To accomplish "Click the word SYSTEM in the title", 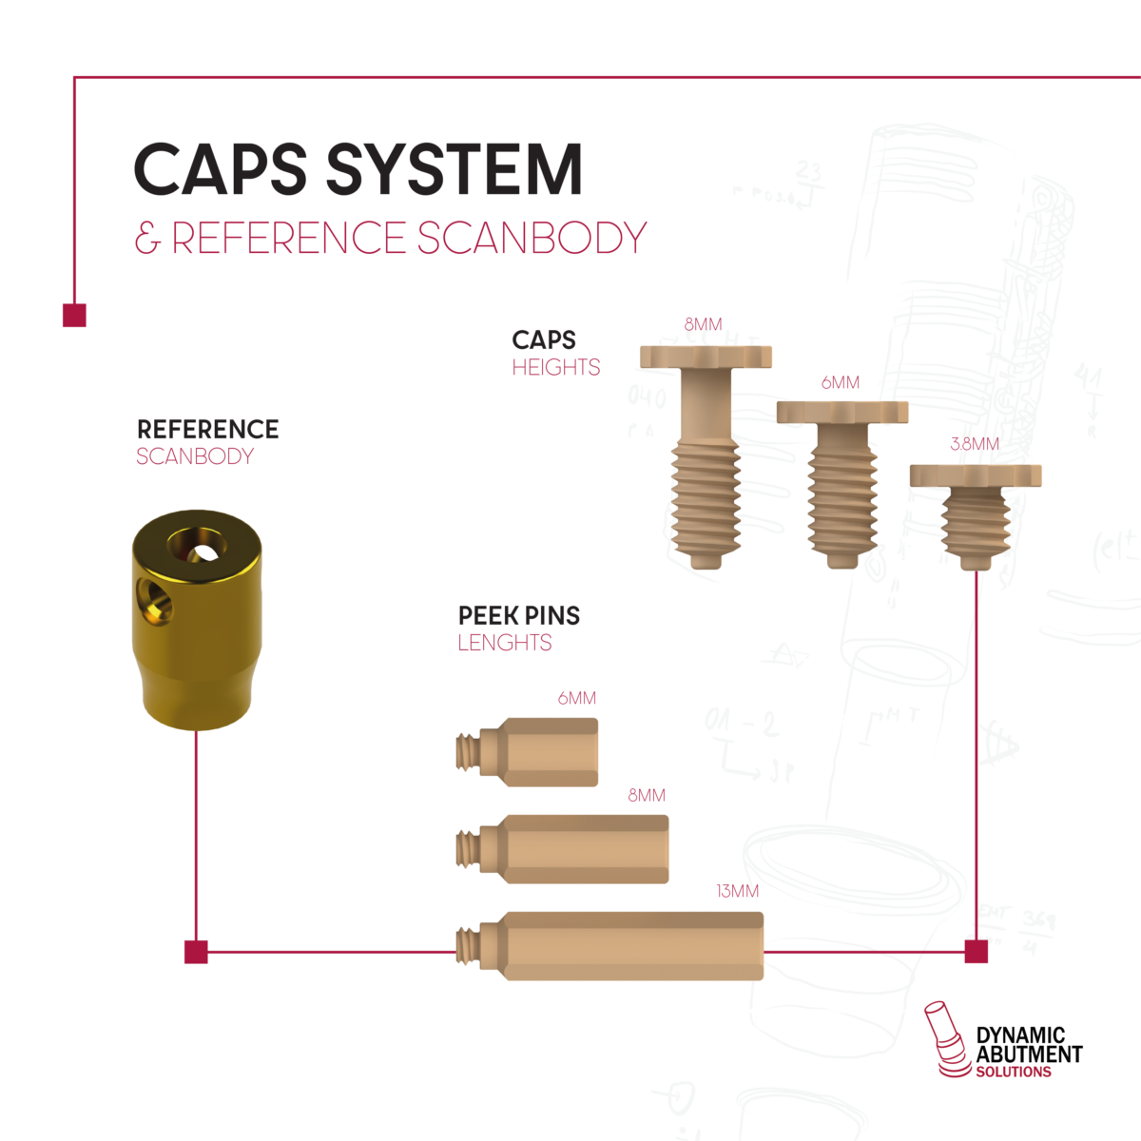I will click(x=454, y=169).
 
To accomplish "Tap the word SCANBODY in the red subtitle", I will click(x=532, y=238).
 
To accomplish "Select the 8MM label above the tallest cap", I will click(x=703, y=324).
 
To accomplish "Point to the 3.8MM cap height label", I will click(x=975, y=444).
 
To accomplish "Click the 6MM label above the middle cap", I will click(x=841, y=382).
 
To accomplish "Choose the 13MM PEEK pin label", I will click(x=737, y=891).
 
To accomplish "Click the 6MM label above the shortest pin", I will click(x=576, y=698).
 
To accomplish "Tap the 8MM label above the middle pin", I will click(x=647, y=795).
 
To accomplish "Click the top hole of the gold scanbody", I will click(x=198, y=546).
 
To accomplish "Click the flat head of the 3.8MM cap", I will click(x=975, y=475).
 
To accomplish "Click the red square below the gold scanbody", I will click(x=196, y=951).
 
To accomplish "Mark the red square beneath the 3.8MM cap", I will click(x=976, y=951).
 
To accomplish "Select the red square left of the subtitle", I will click(x=74, y=315).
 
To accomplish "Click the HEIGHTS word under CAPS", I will click(x=555, y=367).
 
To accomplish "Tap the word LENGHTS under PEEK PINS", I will click(x=504, y=643).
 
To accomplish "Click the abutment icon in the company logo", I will click(x=945, y=1038).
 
